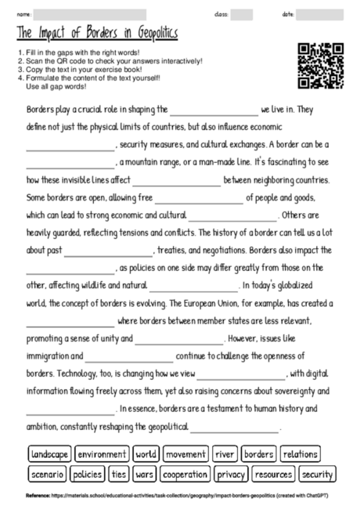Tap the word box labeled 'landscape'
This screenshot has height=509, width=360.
coord(49,454)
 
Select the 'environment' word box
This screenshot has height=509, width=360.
coord(102,454)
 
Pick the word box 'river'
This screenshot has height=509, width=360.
coord(225,454)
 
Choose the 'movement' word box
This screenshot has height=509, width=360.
coord(185,454)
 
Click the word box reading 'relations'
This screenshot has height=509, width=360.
coord(300,454)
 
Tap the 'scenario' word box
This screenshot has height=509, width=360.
coord(47,475)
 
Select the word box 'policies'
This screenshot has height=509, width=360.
coord(88,475)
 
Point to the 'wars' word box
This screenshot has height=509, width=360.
coord(145,475)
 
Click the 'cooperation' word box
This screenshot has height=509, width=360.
coord(185,475)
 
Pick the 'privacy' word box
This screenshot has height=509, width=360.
coord(231,475)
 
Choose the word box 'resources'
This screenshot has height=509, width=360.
coord(273,475)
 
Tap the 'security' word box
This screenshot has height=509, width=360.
coord(317,475)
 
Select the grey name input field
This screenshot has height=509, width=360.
coord(89,14)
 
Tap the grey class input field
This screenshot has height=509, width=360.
coord(242,14)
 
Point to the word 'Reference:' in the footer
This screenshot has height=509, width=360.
coord(39,496)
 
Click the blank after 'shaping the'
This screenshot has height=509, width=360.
coord(213,111)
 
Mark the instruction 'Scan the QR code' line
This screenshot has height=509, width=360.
coord(110,60)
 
